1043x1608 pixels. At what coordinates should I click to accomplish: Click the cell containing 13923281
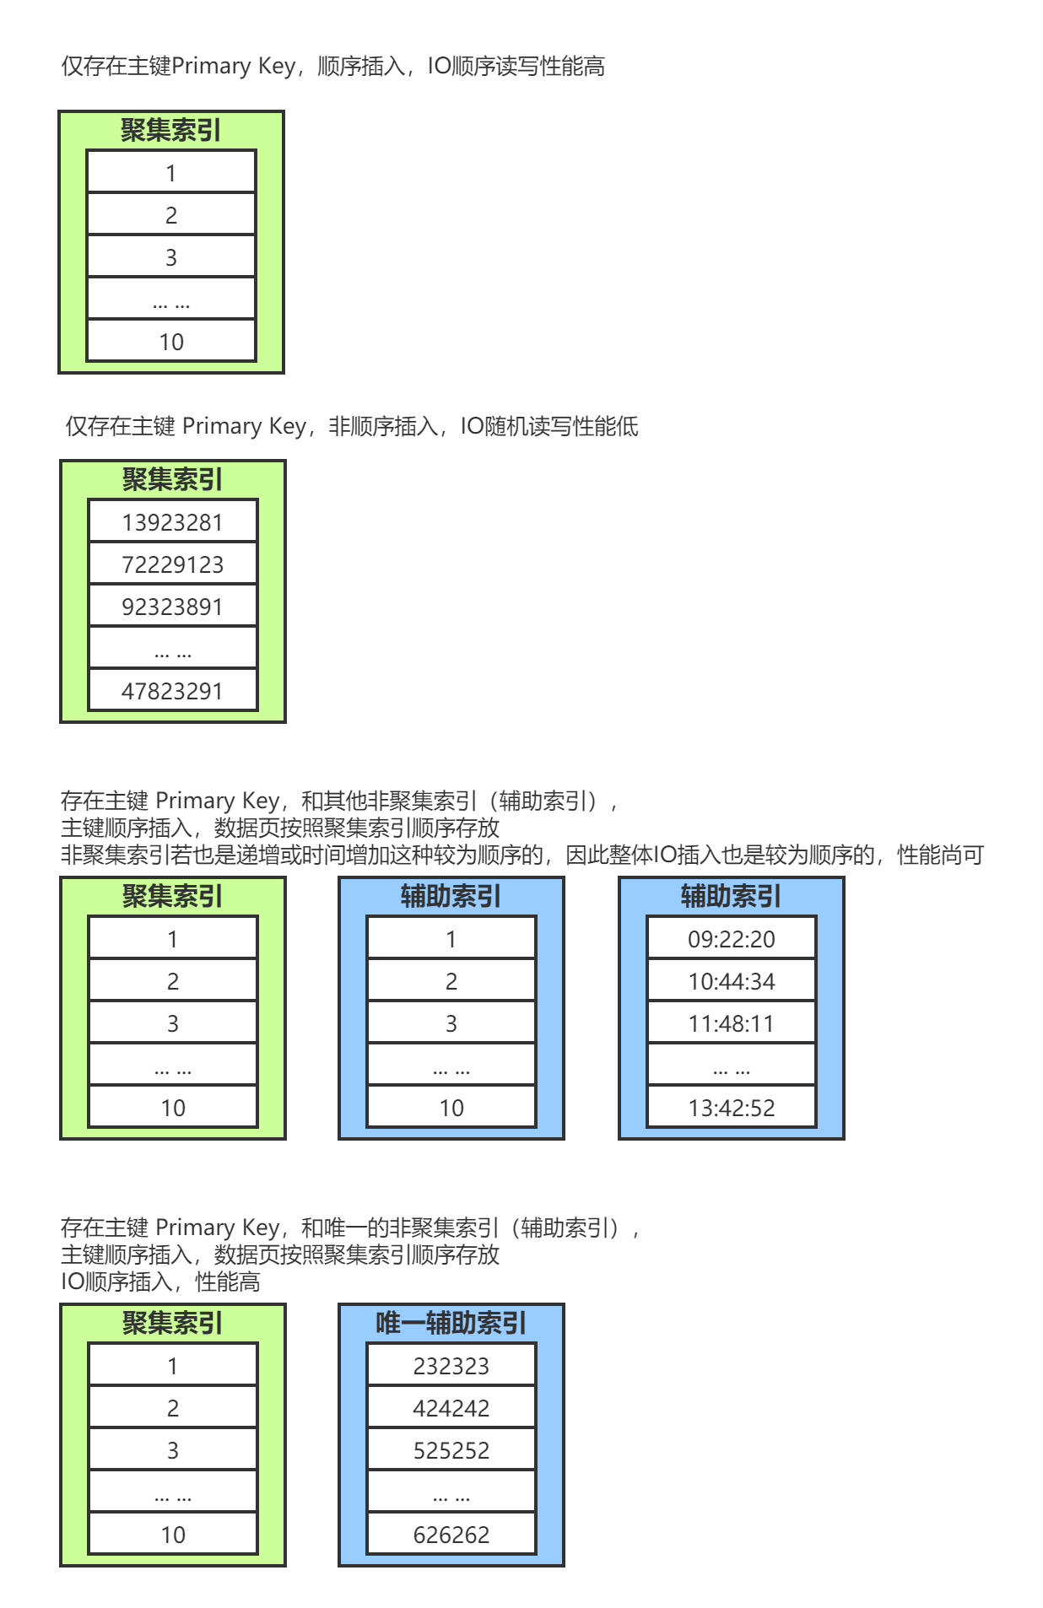click(172, 522)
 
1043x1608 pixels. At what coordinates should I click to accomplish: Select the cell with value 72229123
click(172, 564)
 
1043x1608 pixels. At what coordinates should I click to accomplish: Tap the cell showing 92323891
click(172, 607)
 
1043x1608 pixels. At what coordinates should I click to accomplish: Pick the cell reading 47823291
click(172, 691)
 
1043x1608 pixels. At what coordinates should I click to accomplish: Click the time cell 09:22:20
click(731, 939)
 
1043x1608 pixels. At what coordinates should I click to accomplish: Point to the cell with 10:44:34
click(731, 981)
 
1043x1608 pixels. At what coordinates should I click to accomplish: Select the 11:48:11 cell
click(731, 1023)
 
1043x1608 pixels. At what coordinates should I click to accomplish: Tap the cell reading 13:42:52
click(731, 1108)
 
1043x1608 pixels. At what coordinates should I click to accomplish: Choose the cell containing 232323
click(451, 1366)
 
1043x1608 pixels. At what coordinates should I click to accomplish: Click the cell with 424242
click(451, 1408)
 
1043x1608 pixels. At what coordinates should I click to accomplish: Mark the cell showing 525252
click(451, 1450)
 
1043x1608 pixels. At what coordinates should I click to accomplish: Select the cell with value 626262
click(451, 1535)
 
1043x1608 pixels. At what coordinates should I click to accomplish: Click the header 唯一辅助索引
click(451, 1323)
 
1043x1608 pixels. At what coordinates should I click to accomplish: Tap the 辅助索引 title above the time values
click(731, 896)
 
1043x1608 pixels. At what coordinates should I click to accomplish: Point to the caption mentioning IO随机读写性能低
click(352, 426)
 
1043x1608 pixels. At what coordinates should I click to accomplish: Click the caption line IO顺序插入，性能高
click(160, 1282)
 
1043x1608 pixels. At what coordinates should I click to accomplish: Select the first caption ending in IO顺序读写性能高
click(332, 66)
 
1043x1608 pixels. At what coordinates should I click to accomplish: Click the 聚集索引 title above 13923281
click(172, 479)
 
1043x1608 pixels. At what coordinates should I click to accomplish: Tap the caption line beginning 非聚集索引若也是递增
click(521, 855)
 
